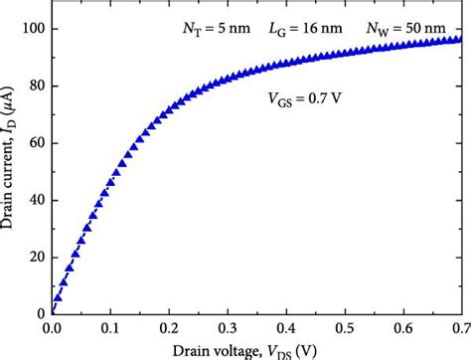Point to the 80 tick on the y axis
point(35,88)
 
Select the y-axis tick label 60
point(35,144)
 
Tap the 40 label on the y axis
point(35,201)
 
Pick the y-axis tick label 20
point(35,258)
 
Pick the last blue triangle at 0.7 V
point(458,40)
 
